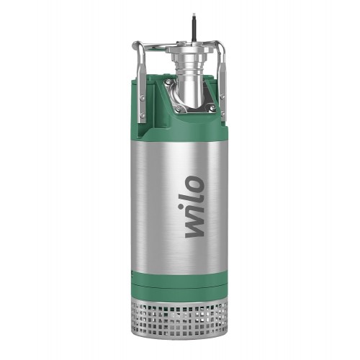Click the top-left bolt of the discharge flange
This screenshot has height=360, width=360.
click(166, 83)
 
